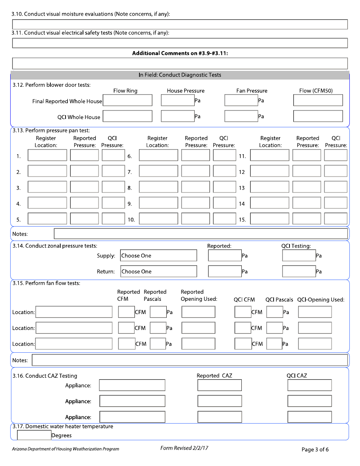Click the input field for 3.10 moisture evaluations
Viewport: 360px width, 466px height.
pos(180,25)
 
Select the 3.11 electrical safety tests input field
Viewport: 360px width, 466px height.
pos(180,43)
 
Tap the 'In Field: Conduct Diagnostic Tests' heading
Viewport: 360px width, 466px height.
pos(180,75)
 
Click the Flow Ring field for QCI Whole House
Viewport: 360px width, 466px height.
pos(128,116)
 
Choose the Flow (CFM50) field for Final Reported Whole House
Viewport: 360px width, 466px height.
pos(318,100)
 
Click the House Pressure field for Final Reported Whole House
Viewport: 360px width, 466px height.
pos(178,100)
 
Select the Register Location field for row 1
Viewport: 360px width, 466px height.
pos(47,155)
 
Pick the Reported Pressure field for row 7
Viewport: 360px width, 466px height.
pos(196,171)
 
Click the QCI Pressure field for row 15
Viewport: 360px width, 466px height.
pos(335,219)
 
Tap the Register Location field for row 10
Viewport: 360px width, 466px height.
pos(158,219)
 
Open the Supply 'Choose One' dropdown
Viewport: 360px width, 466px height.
pos(158,256)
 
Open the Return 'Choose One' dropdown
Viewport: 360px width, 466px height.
pos(158,272)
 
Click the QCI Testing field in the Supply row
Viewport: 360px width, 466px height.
pos(299,256)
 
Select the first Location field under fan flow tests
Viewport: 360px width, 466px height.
pos(74,312)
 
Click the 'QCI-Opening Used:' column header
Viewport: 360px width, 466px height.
pos(321,300)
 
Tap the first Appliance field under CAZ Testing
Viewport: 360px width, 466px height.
pos(132,385)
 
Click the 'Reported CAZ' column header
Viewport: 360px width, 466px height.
pos(214,375)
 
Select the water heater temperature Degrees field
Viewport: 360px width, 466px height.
pos(34,435)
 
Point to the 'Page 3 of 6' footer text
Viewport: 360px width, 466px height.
pos(315,450)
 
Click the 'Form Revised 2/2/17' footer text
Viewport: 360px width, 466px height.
pos(184,448)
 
